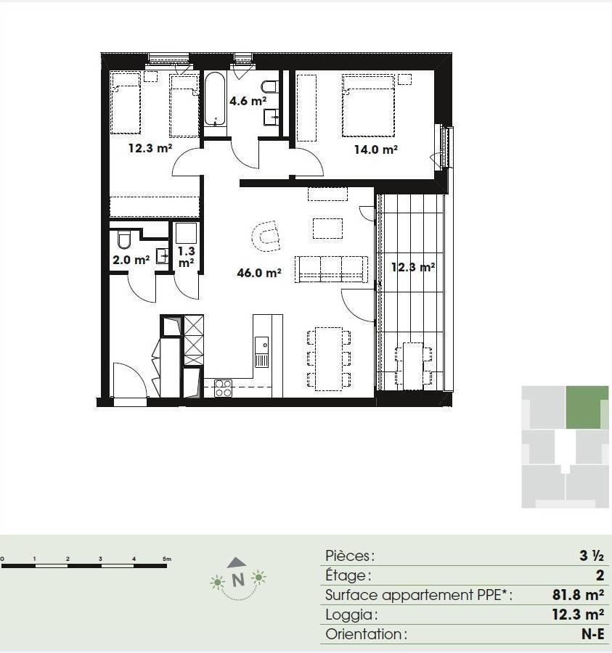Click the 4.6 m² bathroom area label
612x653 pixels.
click(x=248, y=101)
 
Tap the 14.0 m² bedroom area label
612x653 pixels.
click(x=376, y=149)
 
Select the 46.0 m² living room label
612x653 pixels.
click(x=258, y=273)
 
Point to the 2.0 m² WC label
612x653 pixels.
click(x=131, y=260)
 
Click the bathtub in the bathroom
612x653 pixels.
click(x=215, y=100)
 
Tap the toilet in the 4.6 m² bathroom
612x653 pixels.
click(x=269, y=86)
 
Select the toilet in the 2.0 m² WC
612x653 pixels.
click(x=124, y=239)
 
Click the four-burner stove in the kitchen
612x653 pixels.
click(x=223, y=388)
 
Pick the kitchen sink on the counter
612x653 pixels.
click(x=261, y=352)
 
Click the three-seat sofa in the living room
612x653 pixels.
click(x=331, y=269)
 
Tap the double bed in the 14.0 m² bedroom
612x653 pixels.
click(x=368, y=106)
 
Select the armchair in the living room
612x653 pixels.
click(x=266, y=236)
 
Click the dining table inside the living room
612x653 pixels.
click(x=329, y=358)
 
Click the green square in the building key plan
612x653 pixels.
click(x=587, y=407)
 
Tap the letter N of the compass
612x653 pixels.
click(x=238, y=580)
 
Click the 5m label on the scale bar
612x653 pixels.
click(x=167, y=559)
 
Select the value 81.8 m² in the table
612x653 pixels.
click(x=579, y=595)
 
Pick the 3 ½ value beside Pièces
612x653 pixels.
click(x=592, y=556)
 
